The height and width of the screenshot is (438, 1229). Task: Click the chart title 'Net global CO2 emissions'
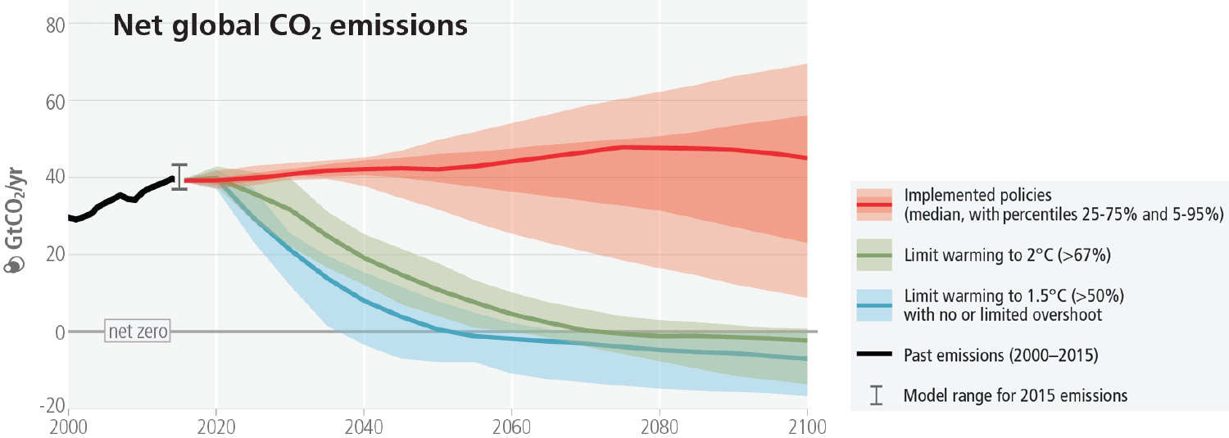[x=290, y=26]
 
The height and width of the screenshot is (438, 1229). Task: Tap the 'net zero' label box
[x=138, y=332]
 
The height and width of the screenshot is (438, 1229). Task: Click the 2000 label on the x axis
[x=68, y=427]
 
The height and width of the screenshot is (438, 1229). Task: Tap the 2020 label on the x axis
[x=215, y=427]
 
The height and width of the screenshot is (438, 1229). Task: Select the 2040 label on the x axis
[x=363, y=427]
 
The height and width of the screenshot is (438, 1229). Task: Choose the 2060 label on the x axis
[x=511, y=427]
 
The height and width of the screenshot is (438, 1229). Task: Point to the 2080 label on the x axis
[x=659, y=427]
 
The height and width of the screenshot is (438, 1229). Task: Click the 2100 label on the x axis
[x=806, y=427]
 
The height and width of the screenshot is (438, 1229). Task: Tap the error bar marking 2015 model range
[x=179, y=177]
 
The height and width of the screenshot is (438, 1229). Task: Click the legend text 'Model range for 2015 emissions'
[x=1015, y=395]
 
